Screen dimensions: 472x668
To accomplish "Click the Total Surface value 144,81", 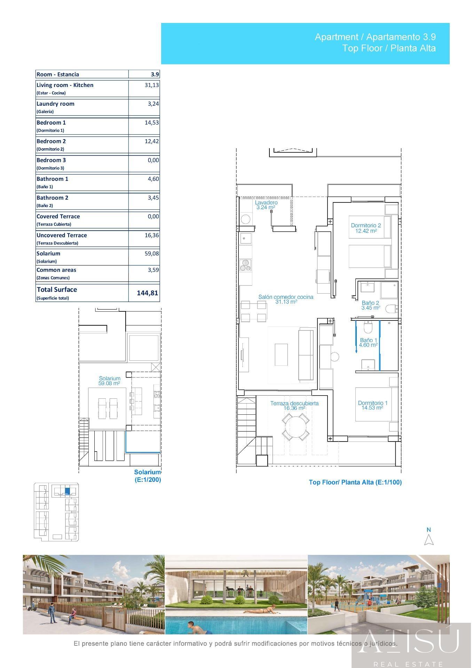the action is click(148, 293).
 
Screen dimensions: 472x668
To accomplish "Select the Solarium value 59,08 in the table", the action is click(152, 254).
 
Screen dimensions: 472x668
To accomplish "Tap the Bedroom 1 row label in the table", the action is click(51, 122).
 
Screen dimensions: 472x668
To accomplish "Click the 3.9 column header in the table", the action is click(155, 74).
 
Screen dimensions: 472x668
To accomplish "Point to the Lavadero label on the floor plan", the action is click(266, 202).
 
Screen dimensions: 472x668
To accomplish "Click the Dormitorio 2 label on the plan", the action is click(366, 225).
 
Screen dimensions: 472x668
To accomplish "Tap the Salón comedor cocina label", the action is click(286, 297).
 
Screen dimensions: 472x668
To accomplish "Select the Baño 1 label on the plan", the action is click(369, 340).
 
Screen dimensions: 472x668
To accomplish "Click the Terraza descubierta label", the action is click(294, 404).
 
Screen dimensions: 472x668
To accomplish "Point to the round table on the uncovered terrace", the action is click(296, 427).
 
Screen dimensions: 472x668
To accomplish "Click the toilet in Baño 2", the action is click(392, 308).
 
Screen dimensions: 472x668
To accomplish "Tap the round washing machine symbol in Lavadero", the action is click(246, 220).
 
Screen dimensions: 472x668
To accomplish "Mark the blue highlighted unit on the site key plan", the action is click(68, 491).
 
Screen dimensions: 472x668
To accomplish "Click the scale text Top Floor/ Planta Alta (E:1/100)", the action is click(355, 482).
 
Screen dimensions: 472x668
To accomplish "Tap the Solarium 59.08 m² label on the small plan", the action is click(110, 381).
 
